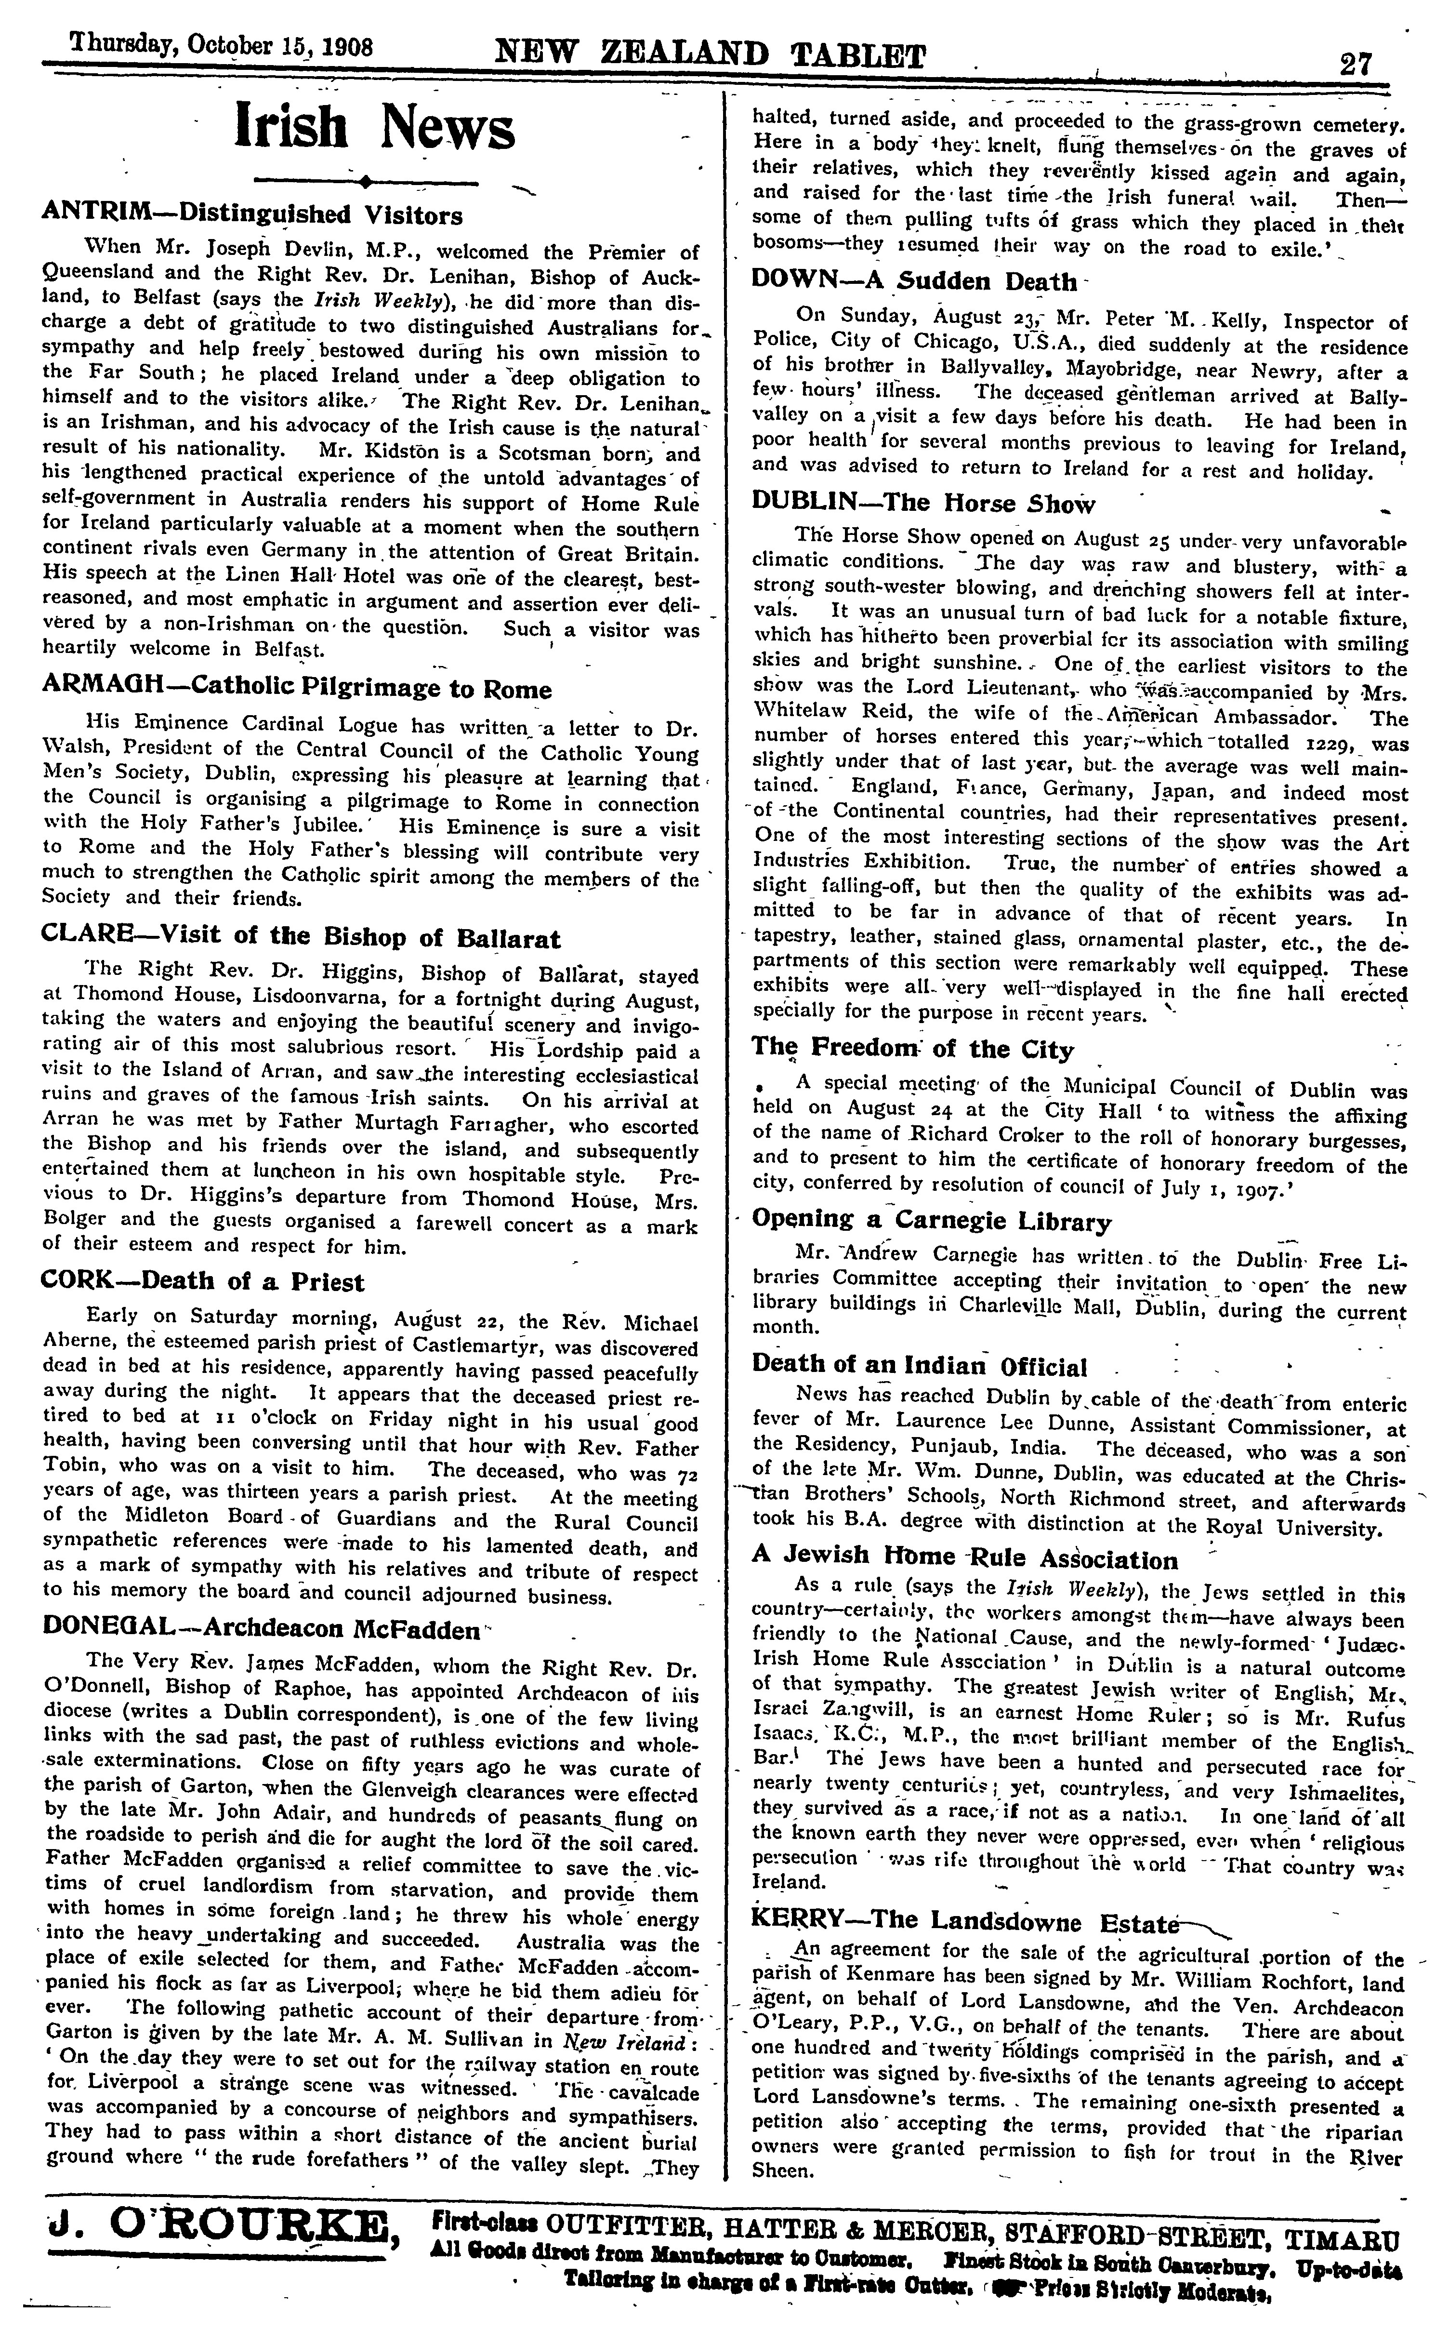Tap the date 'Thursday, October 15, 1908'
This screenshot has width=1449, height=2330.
208,48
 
